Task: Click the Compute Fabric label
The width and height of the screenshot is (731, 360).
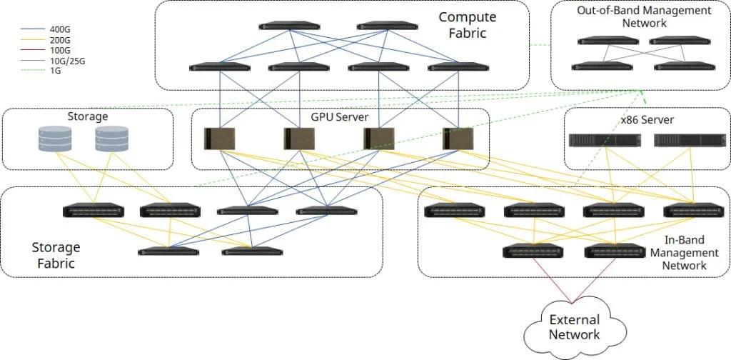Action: (467, 24)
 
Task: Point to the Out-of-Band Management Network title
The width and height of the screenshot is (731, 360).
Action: (644, 17)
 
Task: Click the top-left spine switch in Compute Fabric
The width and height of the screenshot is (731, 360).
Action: (290, 27)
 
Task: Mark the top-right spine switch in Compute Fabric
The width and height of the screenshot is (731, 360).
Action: (386, 27)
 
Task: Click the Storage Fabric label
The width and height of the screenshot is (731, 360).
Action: (56, 256)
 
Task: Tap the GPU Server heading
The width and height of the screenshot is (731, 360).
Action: (340, 116)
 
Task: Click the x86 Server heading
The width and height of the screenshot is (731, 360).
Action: (647, 119)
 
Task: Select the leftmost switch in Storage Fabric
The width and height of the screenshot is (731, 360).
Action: (94, 211)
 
